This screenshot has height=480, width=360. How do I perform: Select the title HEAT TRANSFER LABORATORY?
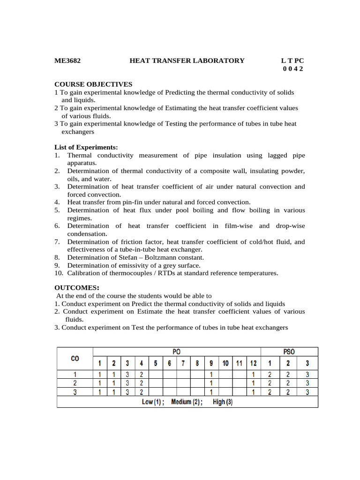(187, 60)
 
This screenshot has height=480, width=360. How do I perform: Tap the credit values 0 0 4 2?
(293, 68)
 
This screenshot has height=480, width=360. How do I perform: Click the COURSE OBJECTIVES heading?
(93, 84)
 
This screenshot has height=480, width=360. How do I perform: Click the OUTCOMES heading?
(77, 288)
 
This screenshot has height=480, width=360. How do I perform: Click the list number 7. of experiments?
(57, 242)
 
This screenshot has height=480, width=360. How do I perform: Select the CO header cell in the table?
(75, 358)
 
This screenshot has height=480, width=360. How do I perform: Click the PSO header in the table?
(289, 352)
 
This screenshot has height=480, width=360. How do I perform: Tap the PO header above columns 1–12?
(176, 352)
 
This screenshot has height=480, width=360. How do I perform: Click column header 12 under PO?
(253, 363)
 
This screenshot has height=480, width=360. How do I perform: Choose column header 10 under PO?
(225, 363)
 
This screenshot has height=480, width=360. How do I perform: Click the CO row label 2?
(75, 383)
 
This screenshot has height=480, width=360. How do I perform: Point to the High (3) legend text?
(223, 402)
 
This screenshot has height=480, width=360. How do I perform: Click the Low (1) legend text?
(153, 402)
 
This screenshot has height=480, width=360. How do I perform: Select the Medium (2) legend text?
(187, 402)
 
